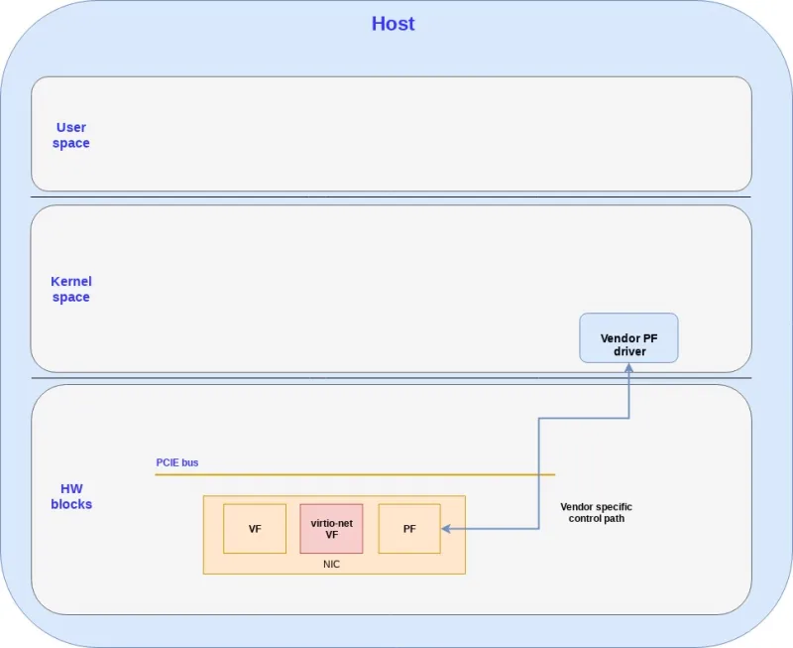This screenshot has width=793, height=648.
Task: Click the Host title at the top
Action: click(x=393, y=24)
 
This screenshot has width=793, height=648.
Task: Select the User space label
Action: click(x=71, y=135)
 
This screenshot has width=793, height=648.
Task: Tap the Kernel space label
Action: click(x=71, y=289)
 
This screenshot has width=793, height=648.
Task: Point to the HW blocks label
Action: click(x=71, y=496)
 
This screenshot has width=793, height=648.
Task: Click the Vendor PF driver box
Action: click(x=628, y=337)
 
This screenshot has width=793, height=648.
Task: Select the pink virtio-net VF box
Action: click(x=331, y=528)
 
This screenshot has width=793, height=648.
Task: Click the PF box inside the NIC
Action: click(x=409, y=529)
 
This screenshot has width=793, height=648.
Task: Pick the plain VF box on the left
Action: click(x=255, y=529)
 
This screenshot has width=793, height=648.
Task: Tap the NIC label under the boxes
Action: click(x=332, y=564)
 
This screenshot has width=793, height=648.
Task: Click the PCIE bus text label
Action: click(x=177, y=462)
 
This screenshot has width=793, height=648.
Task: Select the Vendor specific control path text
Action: click(x=596, y=512)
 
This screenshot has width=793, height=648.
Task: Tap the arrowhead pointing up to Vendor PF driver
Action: click(x=628, y=368)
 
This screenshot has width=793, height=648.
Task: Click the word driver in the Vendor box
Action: click(x=628, y=351)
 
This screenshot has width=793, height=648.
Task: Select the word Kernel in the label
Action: click(x=71, y=282)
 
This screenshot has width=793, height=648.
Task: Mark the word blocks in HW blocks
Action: click(x=71, y=504)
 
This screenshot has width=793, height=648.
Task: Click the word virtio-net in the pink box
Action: click(x=331, y=523)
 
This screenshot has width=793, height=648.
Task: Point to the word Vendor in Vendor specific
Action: click(x=578, y=506)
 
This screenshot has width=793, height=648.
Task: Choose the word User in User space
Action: click(x=71, y=127)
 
